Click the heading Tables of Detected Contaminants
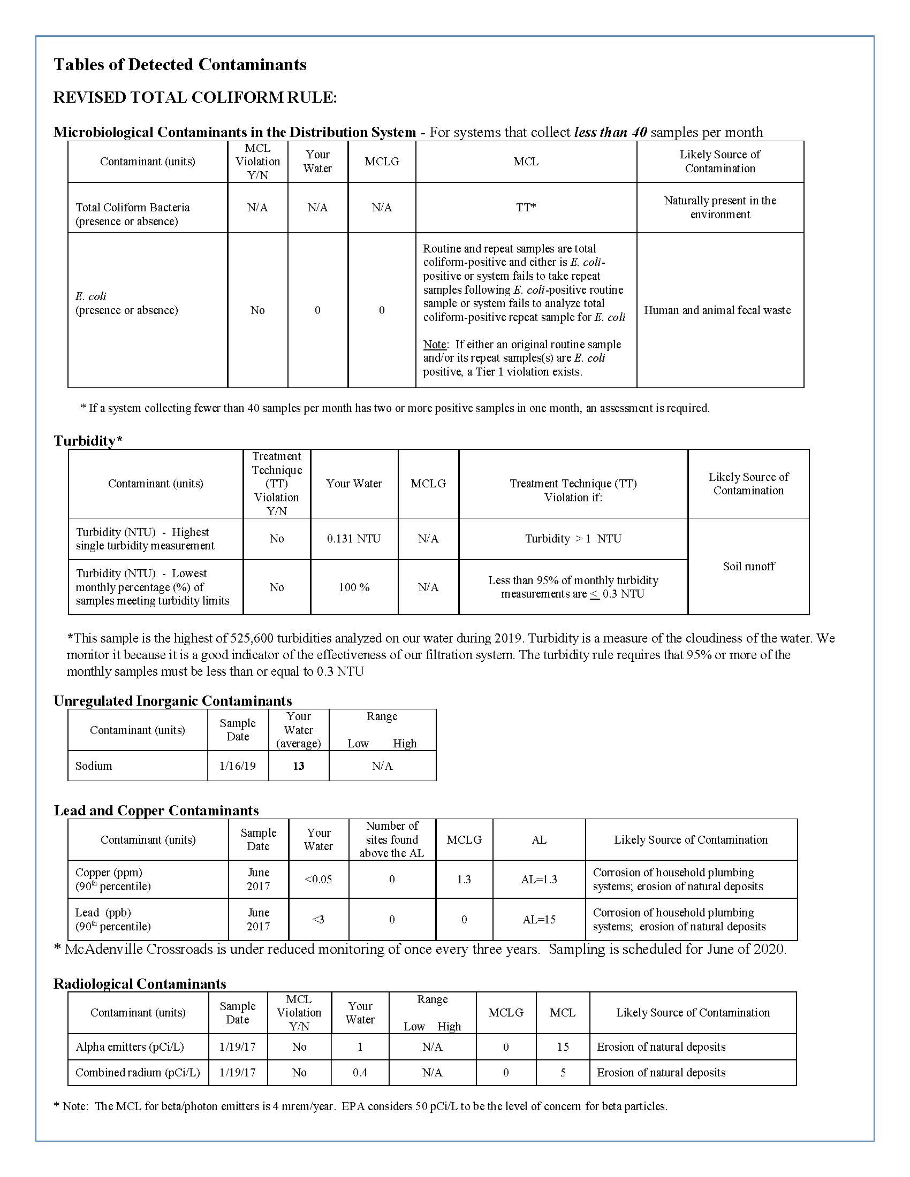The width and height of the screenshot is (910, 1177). [179, 65]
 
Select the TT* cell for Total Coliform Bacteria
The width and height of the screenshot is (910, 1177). [526, 208]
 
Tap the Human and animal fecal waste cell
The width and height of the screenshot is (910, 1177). [717, 310]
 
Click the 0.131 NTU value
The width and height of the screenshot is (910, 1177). [354, 539]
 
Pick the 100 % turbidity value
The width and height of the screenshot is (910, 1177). [354, 587]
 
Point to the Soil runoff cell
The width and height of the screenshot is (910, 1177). [748, 567]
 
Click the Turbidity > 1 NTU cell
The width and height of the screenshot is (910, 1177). [573, 539]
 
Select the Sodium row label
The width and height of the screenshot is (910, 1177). [94, 766]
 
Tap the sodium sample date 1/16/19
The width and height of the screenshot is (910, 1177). [238, 766]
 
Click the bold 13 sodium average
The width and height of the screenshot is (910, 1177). [299, 766]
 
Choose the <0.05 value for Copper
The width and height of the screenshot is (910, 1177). [318, 880]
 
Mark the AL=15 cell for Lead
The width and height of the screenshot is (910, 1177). [539, 920]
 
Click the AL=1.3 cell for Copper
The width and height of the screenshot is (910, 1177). [539, 880]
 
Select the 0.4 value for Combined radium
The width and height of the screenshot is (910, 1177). [360, 1073]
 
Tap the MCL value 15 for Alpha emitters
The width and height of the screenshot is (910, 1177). [562, 1046]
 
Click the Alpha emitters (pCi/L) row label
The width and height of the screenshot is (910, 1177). [130, 1046]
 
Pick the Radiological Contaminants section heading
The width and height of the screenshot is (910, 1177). [140, 984]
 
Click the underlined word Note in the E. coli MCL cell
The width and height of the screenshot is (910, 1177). [434, 345]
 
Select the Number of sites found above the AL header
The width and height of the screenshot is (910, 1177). [392, 839]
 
